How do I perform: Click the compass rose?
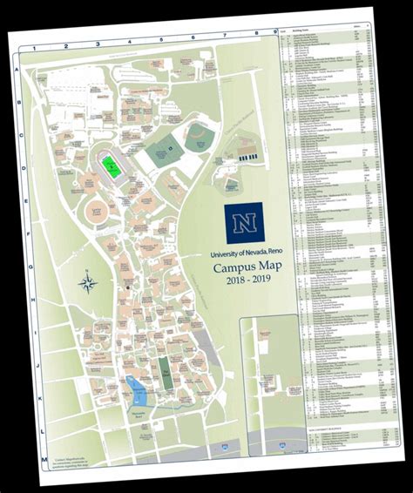click(87, 282)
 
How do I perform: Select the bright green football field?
click(112, 164)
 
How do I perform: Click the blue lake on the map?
click(136, 384)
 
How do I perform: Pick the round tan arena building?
click(95, 213)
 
